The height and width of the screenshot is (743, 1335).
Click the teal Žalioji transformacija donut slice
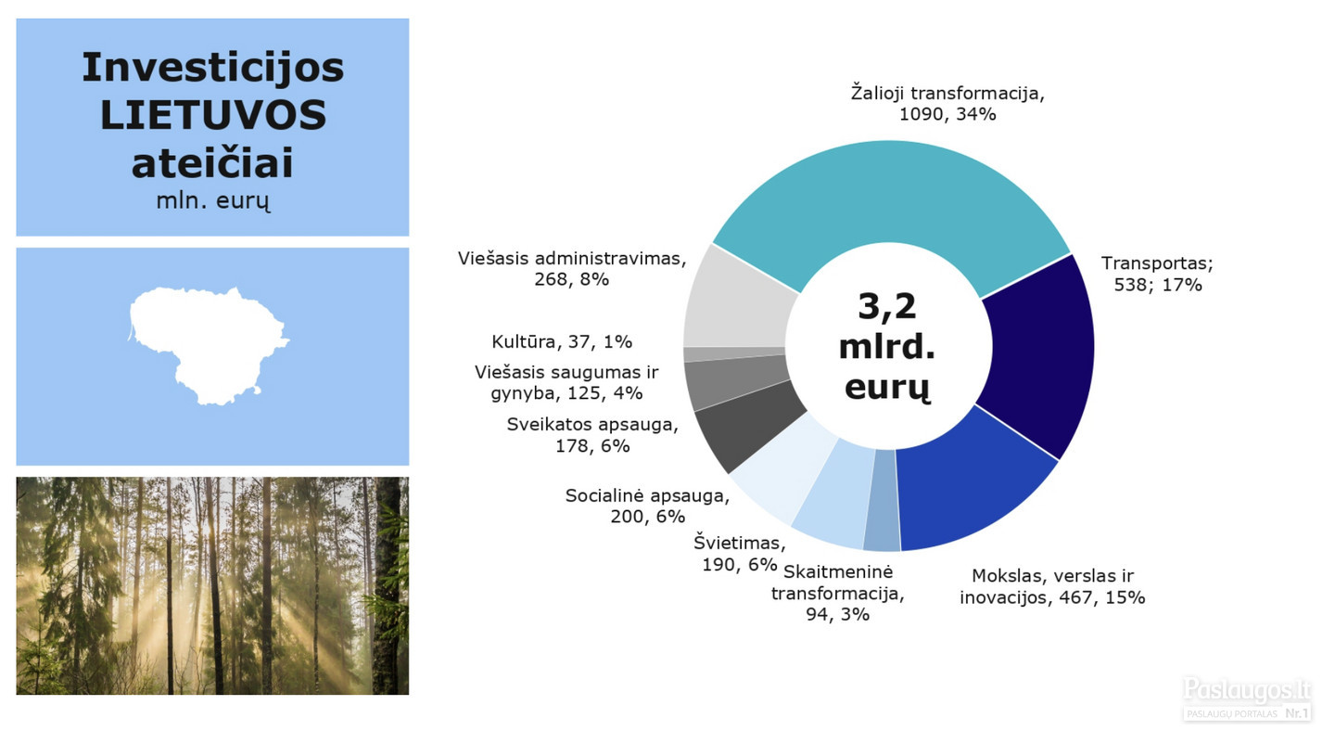click(x=891, y=191)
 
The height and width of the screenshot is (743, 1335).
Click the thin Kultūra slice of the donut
click(x=734, y=353)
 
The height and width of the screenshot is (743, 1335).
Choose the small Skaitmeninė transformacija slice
click(x=882, y=501)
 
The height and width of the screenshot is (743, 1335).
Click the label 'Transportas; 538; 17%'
click(x=1157, y=274)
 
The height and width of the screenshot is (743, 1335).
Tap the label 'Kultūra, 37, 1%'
click(x=562, y=341)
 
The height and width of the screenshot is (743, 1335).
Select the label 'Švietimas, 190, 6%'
click(x=740, y=554)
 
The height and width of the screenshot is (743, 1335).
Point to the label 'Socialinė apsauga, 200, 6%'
click(x=647, y=506)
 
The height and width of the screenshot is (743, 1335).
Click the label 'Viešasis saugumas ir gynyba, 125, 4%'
click(x=566, y=383)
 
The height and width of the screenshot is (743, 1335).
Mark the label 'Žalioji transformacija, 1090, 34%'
click(x=947, y=103)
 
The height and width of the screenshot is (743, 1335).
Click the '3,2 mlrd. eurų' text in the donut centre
click(x=887, y=347)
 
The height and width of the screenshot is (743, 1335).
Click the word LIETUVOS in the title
click(x=213, y=115)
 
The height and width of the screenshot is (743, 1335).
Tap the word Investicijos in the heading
click(x=213, y=67)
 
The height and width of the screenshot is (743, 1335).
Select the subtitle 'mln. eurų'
click(x=213, y=201)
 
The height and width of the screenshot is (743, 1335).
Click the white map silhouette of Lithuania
click(x=208, y=346)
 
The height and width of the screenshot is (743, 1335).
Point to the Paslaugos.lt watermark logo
click(x=1248, y=698)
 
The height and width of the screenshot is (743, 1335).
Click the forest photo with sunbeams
click(x=213, y=585)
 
